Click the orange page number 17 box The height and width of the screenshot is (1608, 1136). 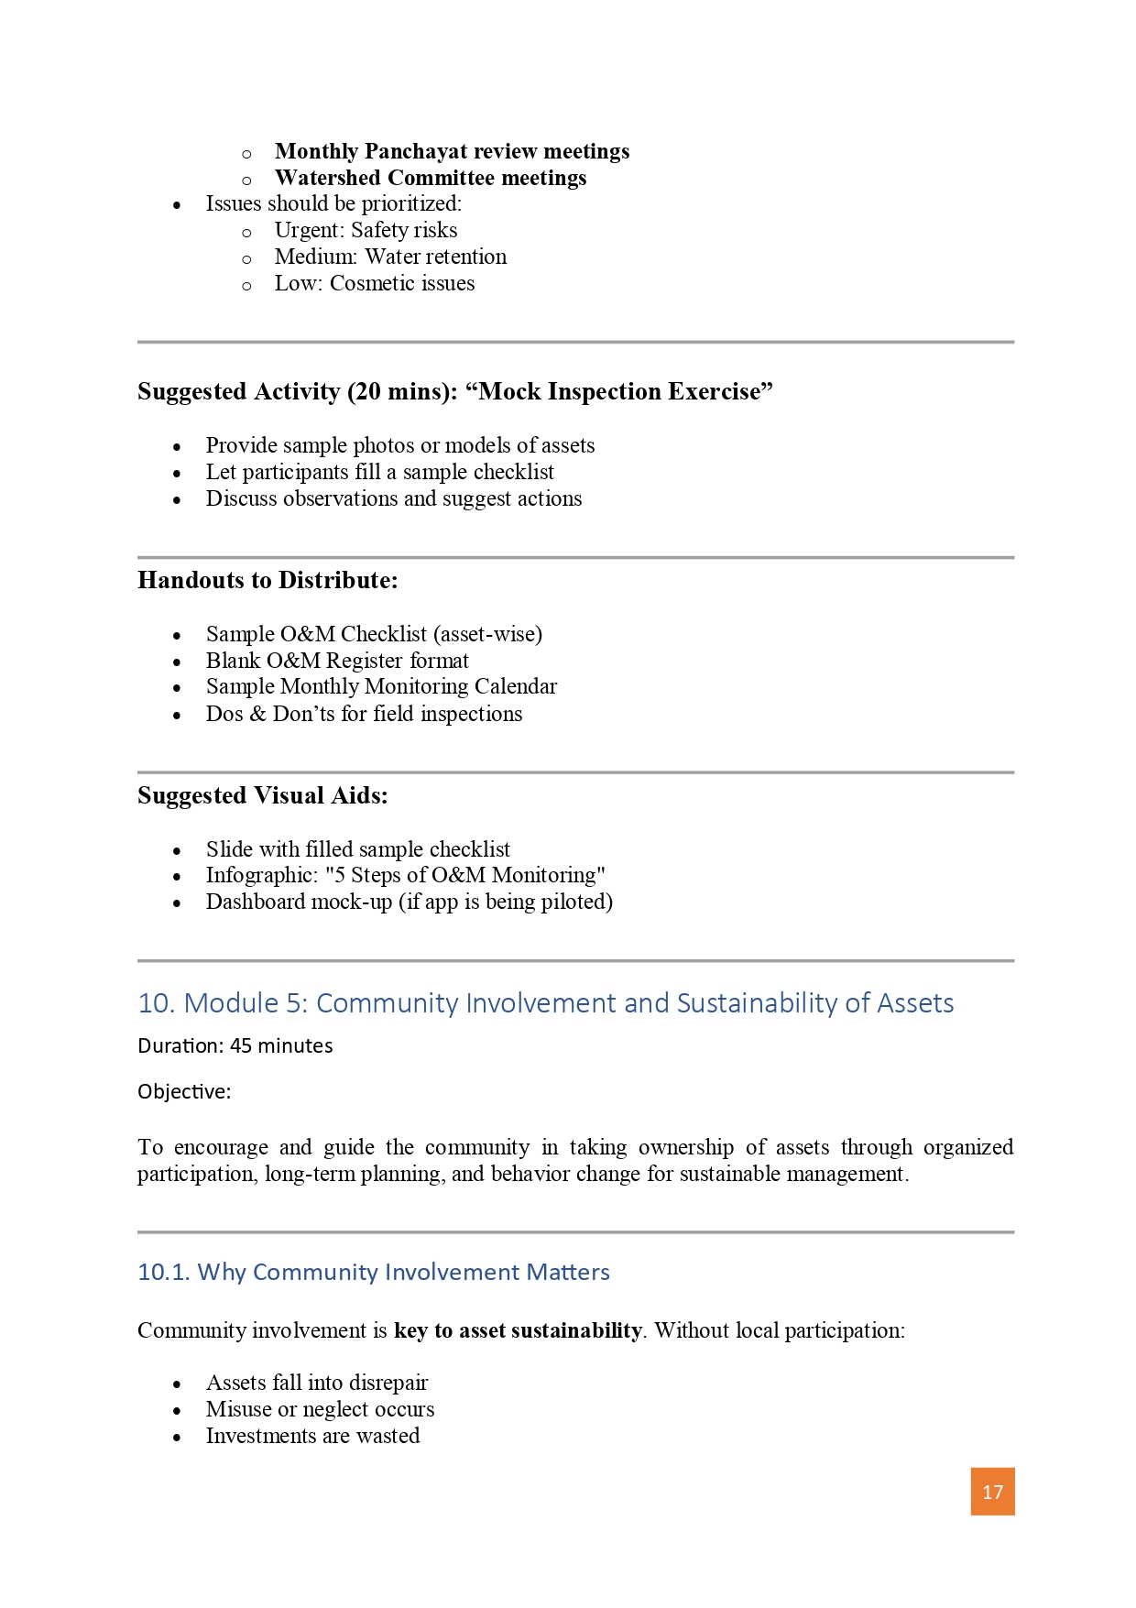[x=992, y=1492]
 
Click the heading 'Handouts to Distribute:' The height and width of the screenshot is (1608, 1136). [x=268, y=581]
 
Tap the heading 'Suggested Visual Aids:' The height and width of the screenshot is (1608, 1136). [x=262, y=796]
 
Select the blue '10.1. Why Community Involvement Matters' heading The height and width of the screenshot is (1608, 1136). [x=373, y=1272]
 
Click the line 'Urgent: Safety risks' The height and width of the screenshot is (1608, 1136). [x=366, y=230]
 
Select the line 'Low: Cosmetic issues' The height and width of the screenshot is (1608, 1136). [x=374, y=283]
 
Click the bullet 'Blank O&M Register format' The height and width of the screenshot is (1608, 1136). [x=336, y=661]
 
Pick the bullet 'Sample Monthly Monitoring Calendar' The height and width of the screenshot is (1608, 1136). [x=380, y=686]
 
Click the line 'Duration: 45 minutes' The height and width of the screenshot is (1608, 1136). [x=235, y=1045]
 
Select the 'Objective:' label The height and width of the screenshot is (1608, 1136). [x=184, y=1091]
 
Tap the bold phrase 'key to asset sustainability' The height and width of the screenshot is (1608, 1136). [x=518, y=1330]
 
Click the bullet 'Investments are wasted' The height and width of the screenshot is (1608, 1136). [x=312, y=1436]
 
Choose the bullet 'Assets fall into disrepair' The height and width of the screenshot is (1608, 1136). [x=316, y=1383]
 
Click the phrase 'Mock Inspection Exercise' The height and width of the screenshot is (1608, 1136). [x=619, y=392]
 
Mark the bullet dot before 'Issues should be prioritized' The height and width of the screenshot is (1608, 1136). [x=177, y=205]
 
